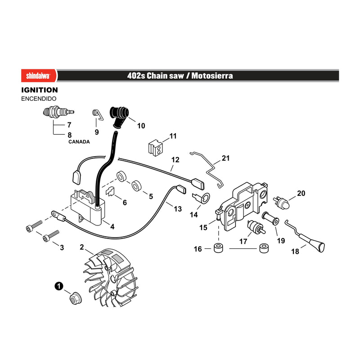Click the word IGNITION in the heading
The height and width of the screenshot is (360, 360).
pyautogui.click(x=40, y=90)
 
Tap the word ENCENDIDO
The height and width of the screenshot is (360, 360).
pyautogui.click(x=39, y=99)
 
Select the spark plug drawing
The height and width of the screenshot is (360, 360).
pyautogui.click(x=59, y=112)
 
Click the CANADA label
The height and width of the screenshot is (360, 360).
pyautogui.click(x=79, y=142)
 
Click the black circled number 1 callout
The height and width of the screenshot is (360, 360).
pyautogui.click(x=59, y=286)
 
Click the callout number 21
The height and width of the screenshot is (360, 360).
pyautogui.click(x=226, y=158)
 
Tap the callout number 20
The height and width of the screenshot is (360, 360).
pyautogui.click(x=301, y=193)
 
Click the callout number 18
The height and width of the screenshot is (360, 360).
pyautogui.click(x=295, y=252)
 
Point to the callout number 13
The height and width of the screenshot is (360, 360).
pyautogui.click(x=178, y=209)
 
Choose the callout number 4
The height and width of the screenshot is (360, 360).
pyautogui.click(x=112, y=227)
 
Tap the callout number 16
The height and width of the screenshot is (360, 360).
pyautogui.click(x=198, y=249)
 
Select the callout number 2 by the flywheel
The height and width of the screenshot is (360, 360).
pyautogui.click(x=82, y=247)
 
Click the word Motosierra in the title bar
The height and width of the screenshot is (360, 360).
pyautogui.click(x=212, y=76)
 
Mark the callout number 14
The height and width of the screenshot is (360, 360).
pyautogui.click(x=194, y=215)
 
